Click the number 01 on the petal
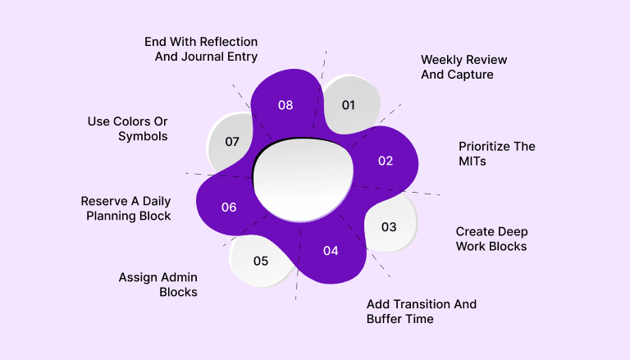click(348, 105)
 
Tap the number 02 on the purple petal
click(386, 161)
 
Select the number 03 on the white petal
click(389, 226)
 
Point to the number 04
click(331, 251)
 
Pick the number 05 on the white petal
click(261, 262)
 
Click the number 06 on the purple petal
click(229, 207)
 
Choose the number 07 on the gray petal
click(232, 142)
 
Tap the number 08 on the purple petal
click(285, 105)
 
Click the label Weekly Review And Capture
click(463, 67)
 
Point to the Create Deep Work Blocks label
click(491, 239)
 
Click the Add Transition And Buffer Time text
click(421, 311)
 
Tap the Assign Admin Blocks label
click(158, 284)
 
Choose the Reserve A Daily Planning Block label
click(126, 208)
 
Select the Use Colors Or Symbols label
click(128, 129)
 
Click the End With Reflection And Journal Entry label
click(201, 49)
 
